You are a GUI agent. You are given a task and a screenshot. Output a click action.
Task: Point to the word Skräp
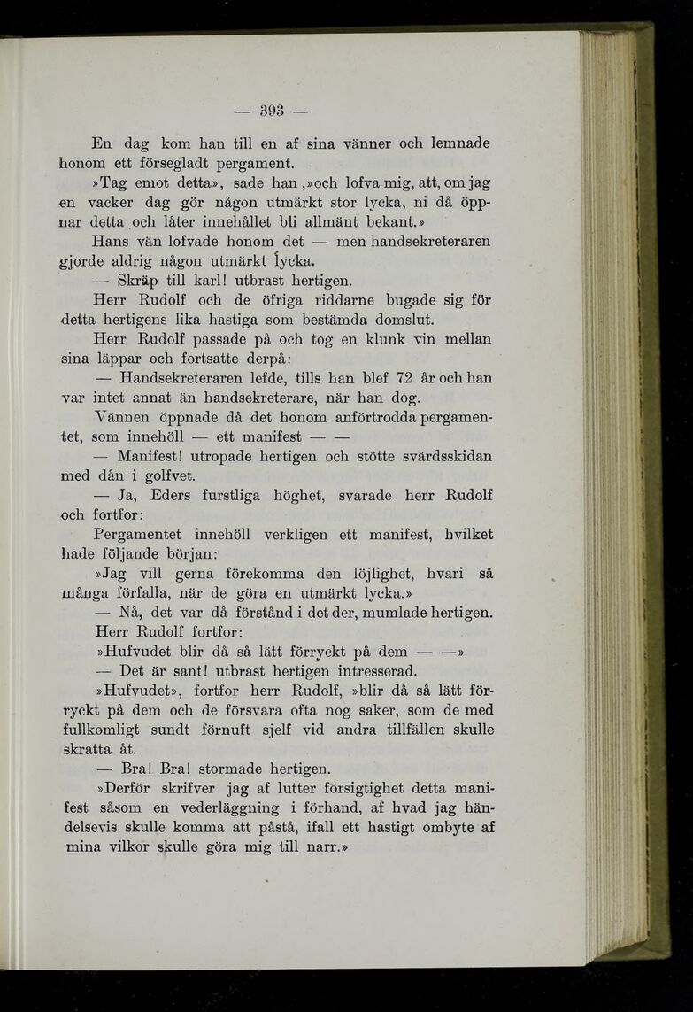139,281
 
